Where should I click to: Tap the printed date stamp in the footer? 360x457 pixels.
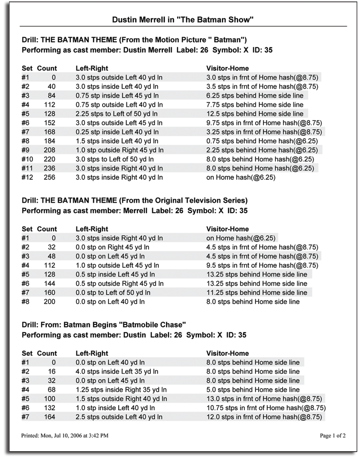(x=64, y=435)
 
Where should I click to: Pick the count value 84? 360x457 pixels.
(x=51, y=95)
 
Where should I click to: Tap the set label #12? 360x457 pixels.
(x=27, y=177)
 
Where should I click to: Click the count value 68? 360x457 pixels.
(x=51, y=390)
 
